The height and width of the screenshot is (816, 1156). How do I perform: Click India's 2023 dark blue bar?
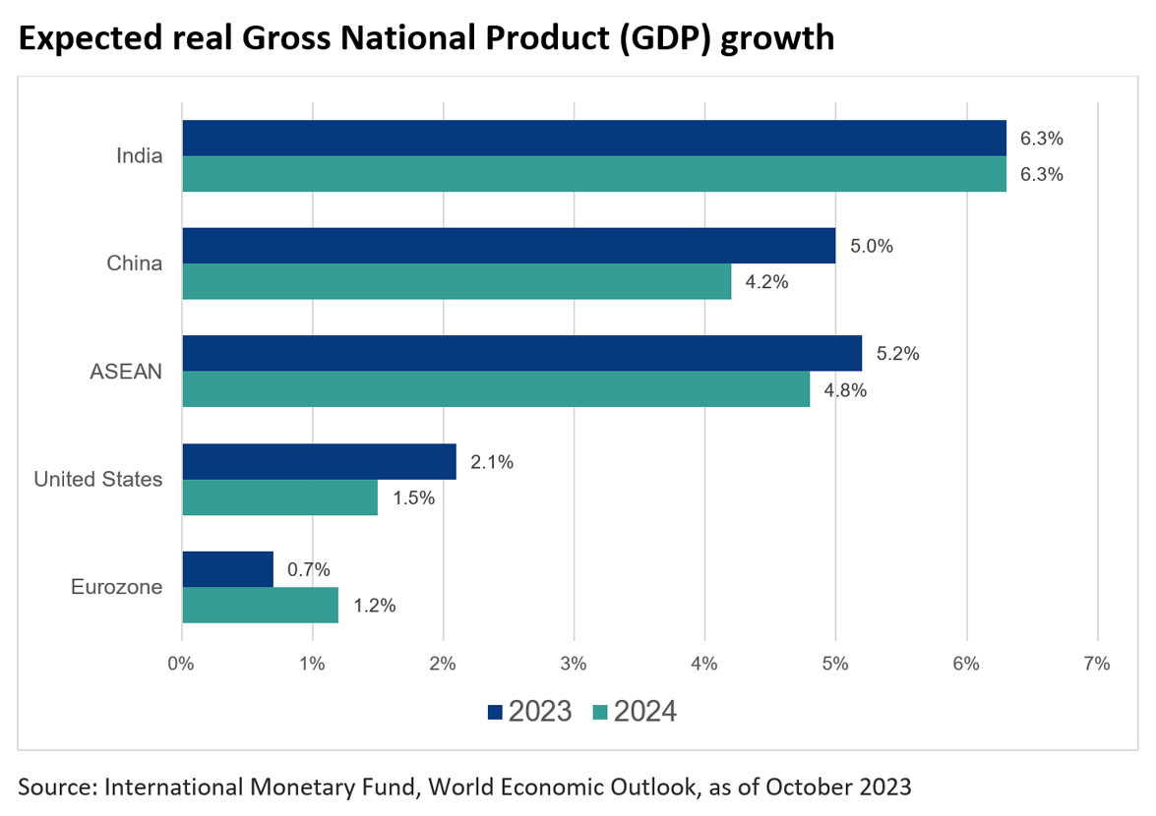[594, 139]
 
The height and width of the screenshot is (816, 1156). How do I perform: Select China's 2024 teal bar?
[456, 281]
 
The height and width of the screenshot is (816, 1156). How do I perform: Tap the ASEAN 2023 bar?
[521, 353]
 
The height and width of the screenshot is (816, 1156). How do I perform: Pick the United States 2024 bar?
[280, 497]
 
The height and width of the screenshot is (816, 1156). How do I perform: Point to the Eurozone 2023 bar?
[228, 569]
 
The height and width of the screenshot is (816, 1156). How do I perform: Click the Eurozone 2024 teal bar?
[261, 605]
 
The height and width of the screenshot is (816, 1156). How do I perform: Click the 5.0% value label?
[871, 247]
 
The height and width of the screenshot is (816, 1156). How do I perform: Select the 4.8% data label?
[845, 390]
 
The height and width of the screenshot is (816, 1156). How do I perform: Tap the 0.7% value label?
[309, 569]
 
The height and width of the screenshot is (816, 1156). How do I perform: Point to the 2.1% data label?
[492, 462]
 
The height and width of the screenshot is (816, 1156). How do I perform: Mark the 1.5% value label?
[413, 497]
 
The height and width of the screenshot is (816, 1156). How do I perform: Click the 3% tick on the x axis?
[574, 664]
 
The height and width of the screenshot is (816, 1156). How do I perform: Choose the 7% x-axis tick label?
[1096, 664]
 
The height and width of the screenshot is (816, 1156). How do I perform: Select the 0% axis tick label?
[182, 664]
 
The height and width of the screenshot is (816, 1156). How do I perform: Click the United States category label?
[97, 480]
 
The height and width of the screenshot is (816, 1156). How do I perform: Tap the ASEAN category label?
[126, 372]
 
